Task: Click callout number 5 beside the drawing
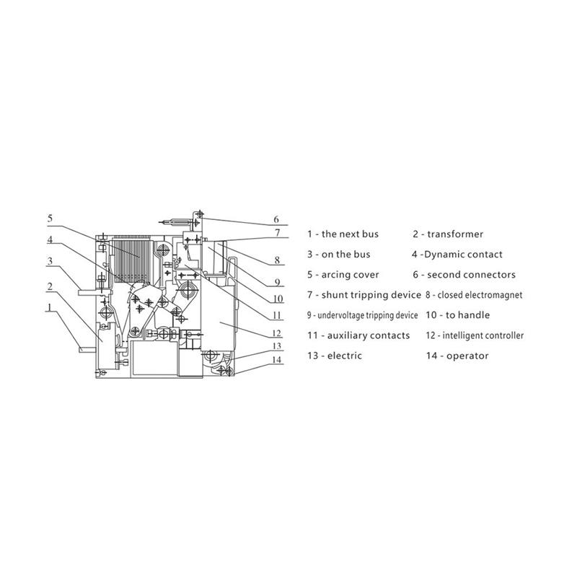point(50,219)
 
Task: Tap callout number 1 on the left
point(50,307)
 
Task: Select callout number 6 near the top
point(276,220)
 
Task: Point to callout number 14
point(277,359)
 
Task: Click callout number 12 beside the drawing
point(277,333)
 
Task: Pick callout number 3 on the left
point(50,261)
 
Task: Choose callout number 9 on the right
point(277,282)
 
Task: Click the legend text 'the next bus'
point(350,234)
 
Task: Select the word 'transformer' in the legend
point(455,234)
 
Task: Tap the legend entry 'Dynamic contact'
point(463,255)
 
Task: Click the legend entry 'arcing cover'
point(350,275)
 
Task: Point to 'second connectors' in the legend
point(472,275)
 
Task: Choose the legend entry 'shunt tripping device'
point(371,295)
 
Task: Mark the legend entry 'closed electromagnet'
point(480,295)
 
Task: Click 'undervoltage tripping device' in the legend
point(368,315)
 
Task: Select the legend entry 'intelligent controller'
point(483,335)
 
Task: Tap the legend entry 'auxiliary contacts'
point(369,335)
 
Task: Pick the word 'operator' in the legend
point(467,356)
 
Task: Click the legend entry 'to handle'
point(467,315)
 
